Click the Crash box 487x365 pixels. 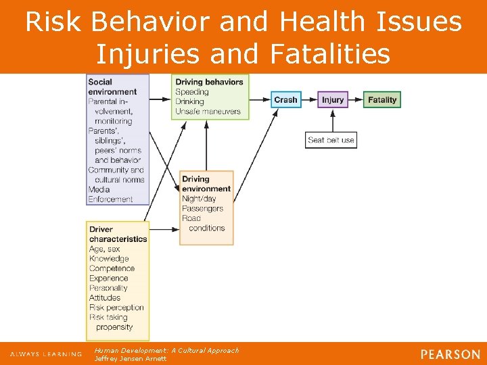click(285, 99)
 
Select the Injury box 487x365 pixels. click(332, 99)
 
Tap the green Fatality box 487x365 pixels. click(382, 99)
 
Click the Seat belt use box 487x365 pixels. click(331, 140)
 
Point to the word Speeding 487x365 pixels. click(192, 92)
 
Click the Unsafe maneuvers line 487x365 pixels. click(208, 111)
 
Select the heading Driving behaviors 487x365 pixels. click(209, 82)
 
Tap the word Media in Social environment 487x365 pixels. click(99, 189)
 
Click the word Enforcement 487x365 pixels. click(110, 199)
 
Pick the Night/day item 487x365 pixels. click(199, 199)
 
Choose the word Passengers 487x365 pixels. click(202, 208)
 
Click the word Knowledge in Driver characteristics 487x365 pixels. click(108, 258)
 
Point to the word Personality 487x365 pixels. click(108, 287)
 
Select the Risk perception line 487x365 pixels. click(116, 307)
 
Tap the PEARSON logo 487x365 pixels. click(450, 354)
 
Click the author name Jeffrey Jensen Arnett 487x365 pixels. click(130, 358)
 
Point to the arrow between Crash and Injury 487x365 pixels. click(309, 99)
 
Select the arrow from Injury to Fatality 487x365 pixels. click(356, 99)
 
